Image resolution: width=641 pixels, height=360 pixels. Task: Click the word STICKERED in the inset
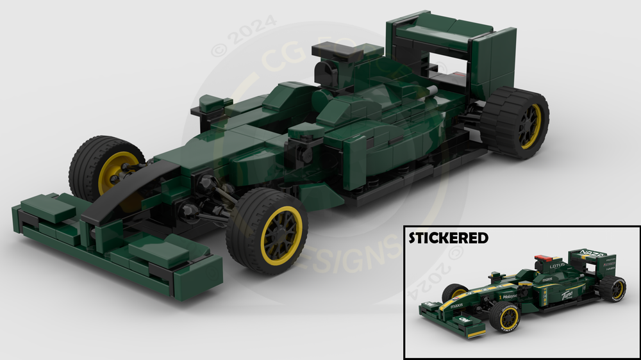pyautogui.click(x=449, y=238)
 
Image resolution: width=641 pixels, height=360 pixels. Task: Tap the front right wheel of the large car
pyautogui.click(x=267, y=231)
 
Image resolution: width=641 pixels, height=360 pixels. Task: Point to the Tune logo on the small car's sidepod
pyautogui.click(x=567, y=294)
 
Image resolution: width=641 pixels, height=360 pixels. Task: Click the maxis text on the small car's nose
pyautogui.click(x=456, y=306)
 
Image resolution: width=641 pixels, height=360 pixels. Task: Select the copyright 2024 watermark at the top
pyautogui.click(x=244, y=35)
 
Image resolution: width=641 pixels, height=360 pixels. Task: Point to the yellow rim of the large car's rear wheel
pyautogui.click(x=529, y=127)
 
